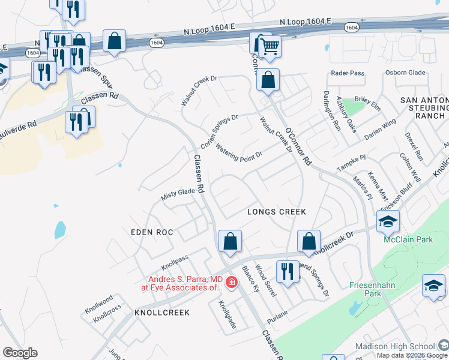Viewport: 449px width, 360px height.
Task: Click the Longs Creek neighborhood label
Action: pos(277,212)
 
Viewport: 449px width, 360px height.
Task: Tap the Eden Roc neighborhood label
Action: pos(152,232)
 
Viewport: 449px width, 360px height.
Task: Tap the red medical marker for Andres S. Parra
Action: pos(231,281)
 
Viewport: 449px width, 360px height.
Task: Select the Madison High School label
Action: pos(394,346)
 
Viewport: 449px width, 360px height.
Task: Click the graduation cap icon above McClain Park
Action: pos(388,221)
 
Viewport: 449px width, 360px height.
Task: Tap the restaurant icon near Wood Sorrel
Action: pos(287,271)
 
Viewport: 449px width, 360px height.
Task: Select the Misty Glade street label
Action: pos(178,194)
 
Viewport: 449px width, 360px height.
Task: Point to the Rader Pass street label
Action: pos(348,73)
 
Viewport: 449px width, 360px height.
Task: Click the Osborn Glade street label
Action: pos(405,73)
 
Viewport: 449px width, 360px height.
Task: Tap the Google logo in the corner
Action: pos(20,352)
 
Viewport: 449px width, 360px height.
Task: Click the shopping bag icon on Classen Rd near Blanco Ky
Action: pos(230,241)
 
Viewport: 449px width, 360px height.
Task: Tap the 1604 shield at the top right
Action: pos(352,27)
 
